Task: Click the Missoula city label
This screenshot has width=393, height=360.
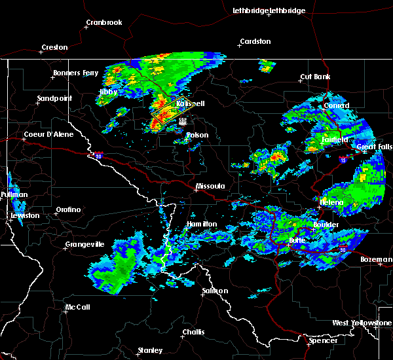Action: [x=210, y=187]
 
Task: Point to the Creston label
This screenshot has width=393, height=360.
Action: [x=54, y=48]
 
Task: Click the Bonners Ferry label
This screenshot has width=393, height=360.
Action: [x=76, y=73]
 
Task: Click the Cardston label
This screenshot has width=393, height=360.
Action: [x=255, y=42]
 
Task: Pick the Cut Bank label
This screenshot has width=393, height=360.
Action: [x=314, y=77]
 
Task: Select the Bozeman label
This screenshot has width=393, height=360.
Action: [x=377, y=260]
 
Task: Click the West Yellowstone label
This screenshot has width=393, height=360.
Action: [x=362, y=323]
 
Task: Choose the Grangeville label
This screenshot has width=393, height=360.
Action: [x=84, y=245]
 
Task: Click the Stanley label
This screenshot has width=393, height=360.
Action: [x=150, y=350]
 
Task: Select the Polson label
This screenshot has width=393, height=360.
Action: [x=197, y=135]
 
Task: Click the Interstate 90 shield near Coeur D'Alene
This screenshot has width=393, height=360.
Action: [x=98, y=156]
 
